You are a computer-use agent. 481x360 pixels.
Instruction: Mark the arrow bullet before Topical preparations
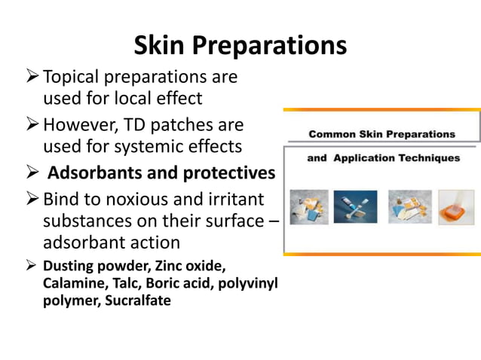coord(31,77)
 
